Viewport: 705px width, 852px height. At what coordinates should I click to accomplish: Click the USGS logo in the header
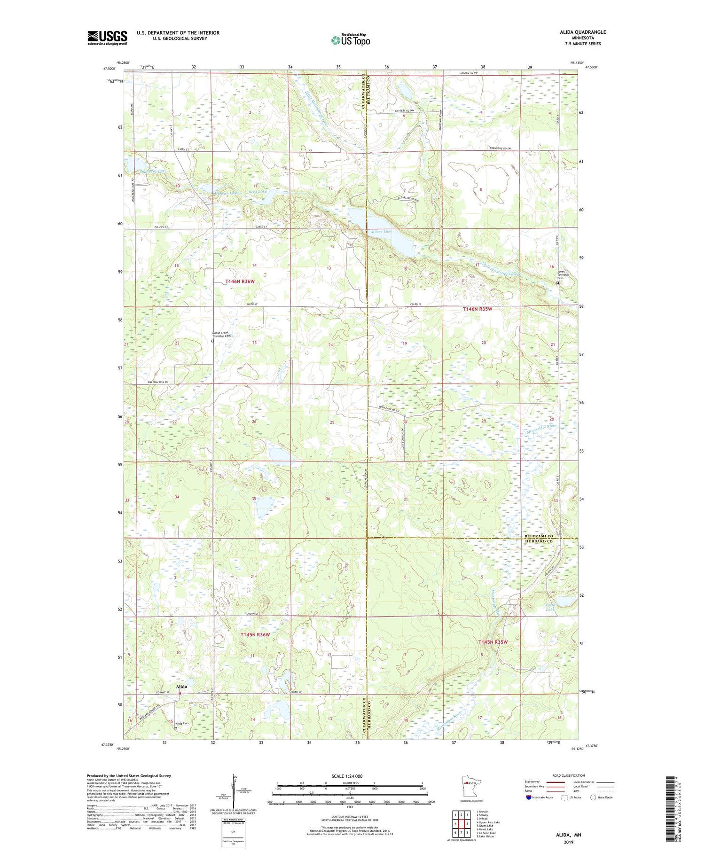pos(107,38)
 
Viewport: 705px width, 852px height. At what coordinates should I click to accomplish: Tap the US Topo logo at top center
pos(350,40)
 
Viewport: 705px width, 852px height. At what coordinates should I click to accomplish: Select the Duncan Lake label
pos(227,193)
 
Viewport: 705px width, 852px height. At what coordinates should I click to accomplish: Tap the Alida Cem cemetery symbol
pos(176,728)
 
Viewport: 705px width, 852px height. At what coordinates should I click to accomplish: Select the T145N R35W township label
pos(493,642)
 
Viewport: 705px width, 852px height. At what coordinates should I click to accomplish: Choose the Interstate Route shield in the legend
pos(528,797)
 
